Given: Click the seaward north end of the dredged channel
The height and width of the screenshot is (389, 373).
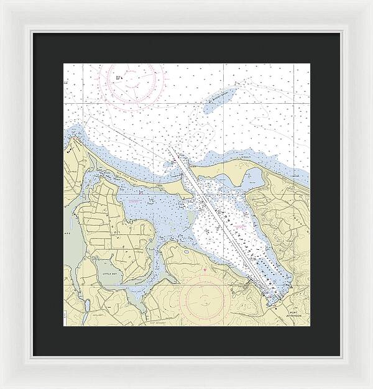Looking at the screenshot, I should click(x=170, y=148).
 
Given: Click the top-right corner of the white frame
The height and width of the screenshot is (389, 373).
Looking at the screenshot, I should click(x=371, y=2).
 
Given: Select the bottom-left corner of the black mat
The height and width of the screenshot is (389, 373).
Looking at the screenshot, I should click(x=33, y=355).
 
